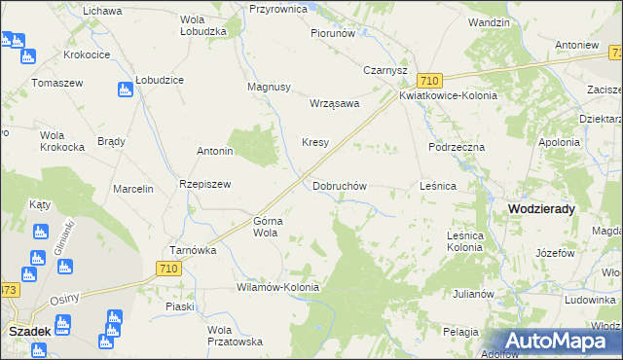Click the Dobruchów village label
tap(339, 186)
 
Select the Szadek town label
tap(29, 331)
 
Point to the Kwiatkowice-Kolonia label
tap(448, 96)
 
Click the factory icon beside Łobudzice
tap(124, 90)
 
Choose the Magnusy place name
tap(270, 87)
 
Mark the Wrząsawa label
tap(334, 103)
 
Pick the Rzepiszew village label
tap(203, 184)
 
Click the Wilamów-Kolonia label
tap(277, 288)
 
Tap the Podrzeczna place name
tap(457, 146)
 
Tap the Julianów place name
tap(474, 293)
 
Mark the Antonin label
tap(215, 152)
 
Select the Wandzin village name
tap(489, 21)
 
